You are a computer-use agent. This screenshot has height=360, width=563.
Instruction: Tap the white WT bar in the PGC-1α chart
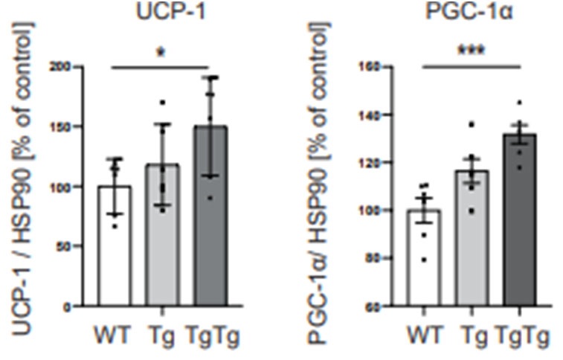pyautogui.click(x=428, y=260)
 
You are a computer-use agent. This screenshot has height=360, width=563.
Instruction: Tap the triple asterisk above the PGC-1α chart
pyautogui.click(x=471, y=56)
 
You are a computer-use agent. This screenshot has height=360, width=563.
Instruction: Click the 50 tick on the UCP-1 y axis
pyautogui.click(x=74, y=245)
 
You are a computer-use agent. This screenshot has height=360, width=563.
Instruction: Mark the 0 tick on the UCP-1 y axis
pyautogui.click(x=77, y=306)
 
